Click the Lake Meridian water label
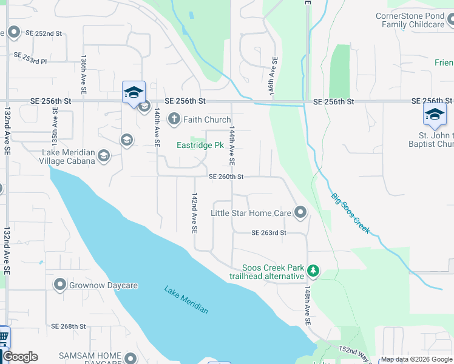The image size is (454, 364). (186, 300)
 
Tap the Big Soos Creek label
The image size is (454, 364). (350, 213)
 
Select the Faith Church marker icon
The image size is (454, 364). (174, 120)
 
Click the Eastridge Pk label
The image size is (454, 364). (197, 146)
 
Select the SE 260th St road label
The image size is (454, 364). (226, 177)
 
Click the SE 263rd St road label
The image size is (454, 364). (269, 232)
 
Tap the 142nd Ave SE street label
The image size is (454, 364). (194, 214)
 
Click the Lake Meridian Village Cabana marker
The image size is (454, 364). (104, 157)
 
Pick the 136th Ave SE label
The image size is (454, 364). (84, 75)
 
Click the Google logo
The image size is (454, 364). (20, 357)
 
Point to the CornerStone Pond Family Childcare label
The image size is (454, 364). (410, 20)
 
